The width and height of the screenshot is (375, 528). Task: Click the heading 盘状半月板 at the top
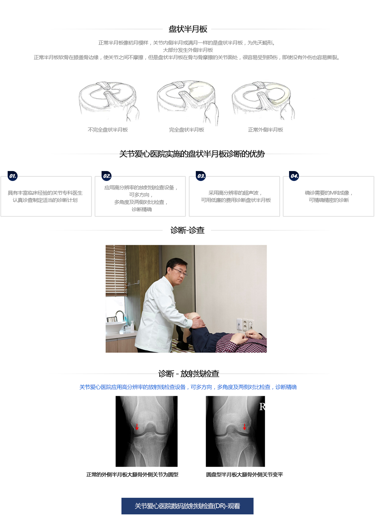click(x=188, y=29)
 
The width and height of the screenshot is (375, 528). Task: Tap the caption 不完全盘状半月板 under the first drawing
click(x=108, y=130)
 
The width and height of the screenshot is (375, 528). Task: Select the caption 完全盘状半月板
click(x=187, y=130)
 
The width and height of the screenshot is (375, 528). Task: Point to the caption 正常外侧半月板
click(x=265, y=130)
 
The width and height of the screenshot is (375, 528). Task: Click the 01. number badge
click(x=13, y=176)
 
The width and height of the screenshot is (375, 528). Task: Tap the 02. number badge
click(x=107, y=176)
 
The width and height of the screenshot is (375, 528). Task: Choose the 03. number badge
click(x=201, y=176)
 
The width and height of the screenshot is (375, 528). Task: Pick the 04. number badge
click(x=294, y=176)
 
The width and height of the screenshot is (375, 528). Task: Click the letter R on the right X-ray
click(x=262, y=407)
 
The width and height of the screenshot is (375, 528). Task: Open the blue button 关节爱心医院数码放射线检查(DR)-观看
click(x=187, y=506)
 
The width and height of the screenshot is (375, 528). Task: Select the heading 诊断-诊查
click(x=187, y=230)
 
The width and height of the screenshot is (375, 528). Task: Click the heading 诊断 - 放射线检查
click(x=189, y=374)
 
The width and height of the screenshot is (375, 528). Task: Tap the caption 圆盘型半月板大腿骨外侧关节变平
click(x=245, y=475)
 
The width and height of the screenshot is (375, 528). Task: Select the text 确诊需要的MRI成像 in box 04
click(x=327, y=193)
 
